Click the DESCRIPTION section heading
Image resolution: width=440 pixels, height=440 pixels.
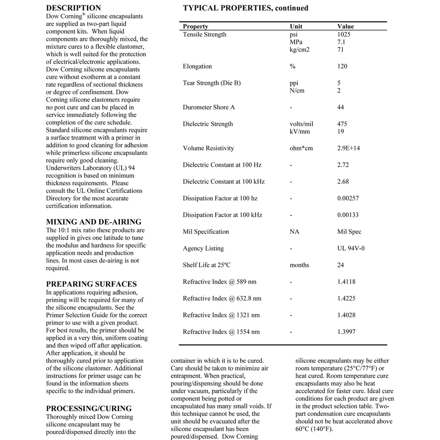(73, 8)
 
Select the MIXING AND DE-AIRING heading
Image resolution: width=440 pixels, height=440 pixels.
(94, 222)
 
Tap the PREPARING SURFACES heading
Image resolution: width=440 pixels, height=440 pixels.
(92, 284)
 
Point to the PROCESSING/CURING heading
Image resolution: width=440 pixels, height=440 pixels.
(89, 408)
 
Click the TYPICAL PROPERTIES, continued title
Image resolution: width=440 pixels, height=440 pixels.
(245, 8)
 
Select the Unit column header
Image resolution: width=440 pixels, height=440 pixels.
(296, 26)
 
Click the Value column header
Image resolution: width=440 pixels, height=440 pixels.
(345, 26)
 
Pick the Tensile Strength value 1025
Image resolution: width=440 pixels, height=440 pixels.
(344, 34)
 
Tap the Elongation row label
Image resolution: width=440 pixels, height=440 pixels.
(197, 66)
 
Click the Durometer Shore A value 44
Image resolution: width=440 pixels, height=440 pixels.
(340, 107)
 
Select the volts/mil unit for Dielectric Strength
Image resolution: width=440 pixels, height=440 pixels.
(302, 124)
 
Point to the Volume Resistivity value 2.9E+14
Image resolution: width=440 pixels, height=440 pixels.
(348, 148)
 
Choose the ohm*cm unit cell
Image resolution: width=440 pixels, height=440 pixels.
(301, 148)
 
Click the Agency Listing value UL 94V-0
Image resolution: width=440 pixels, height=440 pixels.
(351, 248)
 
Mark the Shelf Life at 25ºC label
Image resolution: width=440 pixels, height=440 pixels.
(207, 265)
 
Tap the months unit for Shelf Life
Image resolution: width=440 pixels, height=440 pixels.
(299, 265)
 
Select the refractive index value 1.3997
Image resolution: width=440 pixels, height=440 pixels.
(346, 332)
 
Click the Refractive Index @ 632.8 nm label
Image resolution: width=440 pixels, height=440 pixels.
(222, 298)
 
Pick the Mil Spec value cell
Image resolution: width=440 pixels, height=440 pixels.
(349, 232)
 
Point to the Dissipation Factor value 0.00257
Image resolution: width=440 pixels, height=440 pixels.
(348, 198)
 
